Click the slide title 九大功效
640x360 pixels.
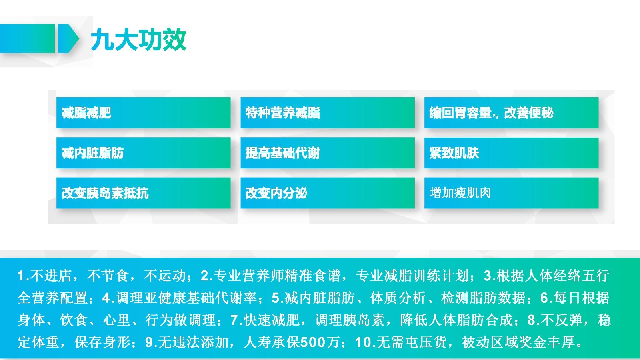tap(138, 39)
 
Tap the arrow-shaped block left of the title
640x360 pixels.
tap(68, 38)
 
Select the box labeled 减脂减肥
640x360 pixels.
tap(144, 112)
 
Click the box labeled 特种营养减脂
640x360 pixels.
tap(328, 112)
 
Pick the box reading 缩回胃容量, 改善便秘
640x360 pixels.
tap(512, 112)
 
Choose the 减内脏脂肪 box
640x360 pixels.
tap(144, 153)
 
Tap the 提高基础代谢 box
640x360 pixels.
tap(328, 153)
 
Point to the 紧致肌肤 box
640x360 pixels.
tap(512, 153)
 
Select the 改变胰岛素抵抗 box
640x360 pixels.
tap(144, 193)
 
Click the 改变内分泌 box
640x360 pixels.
tap(328, 193)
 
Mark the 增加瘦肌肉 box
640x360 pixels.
tap(512, 193)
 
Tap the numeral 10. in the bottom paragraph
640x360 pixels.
tap(366, 342)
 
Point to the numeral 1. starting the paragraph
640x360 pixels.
tap(24, 276)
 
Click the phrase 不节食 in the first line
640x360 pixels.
tap(108, 276)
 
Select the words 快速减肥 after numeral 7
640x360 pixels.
tap(272, 320)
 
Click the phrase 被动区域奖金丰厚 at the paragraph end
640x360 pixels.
tap(518, 342)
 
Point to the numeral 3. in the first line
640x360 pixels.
tap(490, 276)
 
